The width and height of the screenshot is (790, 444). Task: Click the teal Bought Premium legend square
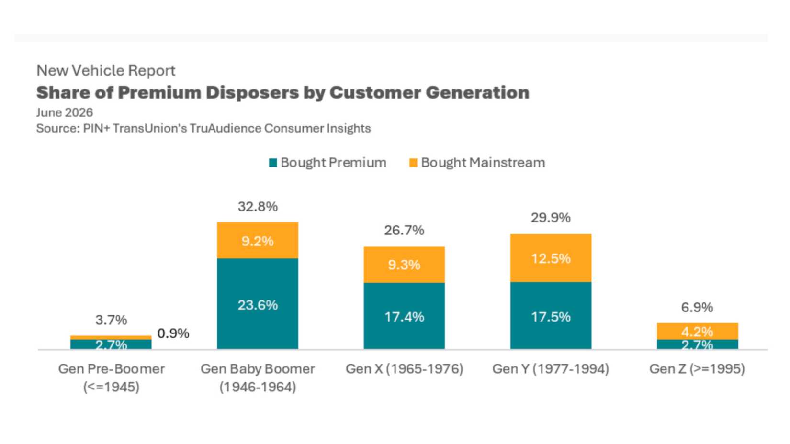(x=273, y=163)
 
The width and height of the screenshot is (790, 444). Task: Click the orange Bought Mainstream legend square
(x=413, y=163)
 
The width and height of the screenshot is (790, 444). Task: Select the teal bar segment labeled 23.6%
(x=258, y=304)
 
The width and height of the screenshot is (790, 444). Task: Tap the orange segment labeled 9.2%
(x=258, y=240)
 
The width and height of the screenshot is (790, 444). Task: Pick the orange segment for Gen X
(x=404, y=265)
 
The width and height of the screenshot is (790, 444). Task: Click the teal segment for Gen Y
(x=551, y=316)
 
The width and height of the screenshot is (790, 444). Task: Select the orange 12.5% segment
(x=551, y=258)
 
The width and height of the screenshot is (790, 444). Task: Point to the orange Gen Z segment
(x=698, y=331)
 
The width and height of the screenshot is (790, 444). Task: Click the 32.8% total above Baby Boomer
(x=258, y=207)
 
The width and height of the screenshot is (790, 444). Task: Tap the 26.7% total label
(x=404, y=231)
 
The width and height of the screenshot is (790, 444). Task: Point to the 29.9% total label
(x=551, y=218)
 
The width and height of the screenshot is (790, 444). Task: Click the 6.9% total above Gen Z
(x=697, y=308)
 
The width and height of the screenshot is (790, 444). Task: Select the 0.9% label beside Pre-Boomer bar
(x=173, y=333)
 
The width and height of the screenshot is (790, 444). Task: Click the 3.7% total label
(x=111, y=320)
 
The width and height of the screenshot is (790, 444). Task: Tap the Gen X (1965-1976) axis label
(x=404, y=369)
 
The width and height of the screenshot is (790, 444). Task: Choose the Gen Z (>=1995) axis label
(x=697, y=369)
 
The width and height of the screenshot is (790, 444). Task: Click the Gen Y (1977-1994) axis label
(x=551, y=369)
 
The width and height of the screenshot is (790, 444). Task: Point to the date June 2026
(x=65, y=113)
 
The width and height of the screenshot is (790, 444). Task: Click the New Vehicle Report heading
(x=106, y=70)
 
